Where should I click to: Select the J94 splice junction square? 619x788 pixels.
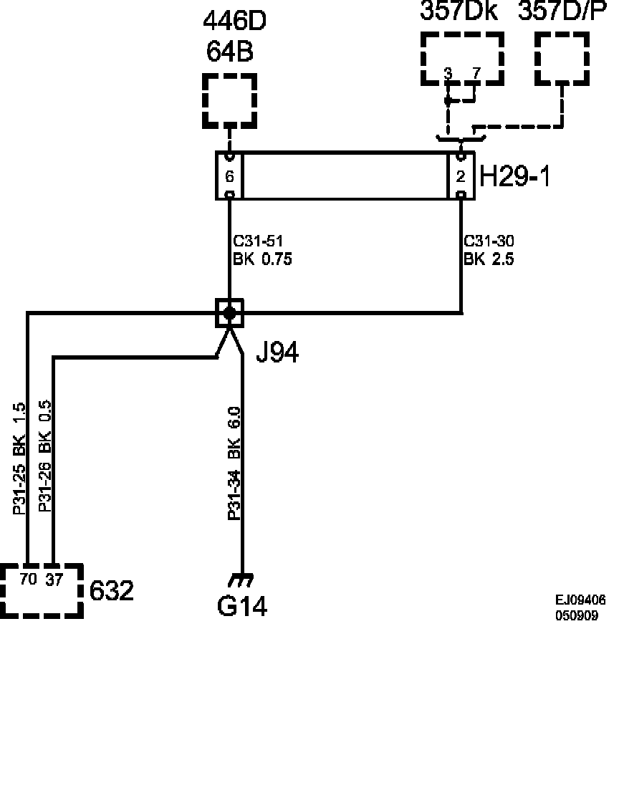(x=229, y=314)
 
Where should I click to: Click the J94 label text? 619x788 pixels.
(x=277, y=352)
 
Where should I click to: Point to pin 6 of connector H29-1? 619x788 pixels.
(x=229, y=176)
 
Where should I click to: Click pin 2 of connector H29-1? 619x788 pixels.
(x=461, y=176)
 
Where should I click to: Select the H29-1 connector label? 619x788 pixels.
(x=515, y=176)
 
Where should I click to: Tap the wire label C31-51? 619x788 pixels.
(x=258, y=241)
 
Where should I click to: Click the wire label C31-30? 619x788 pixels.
(x=489, y=241)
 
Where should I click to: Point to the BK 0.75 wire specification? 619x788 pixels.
(x=262, y=259)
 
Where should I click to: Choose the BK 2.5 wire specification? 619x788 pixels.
(x=489, y=259)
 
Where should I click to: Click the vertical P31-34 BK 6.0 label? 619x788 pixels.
(x=235, y=463)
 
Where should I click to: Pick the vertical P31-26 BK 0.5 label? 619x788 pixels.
(x=45, y=456)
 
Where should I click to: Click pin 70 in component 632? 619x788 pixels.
(x=28, y=580)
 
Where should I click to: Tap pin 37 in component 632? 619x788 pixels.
(x=54, y=580)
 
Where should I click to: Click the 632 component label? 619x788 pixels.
(x=112, y=590)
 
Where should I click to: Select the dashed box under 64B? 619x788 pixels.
(x=229, y=101)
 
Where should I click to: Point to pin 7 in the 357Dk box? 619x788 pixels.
(x=476, y=74)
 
